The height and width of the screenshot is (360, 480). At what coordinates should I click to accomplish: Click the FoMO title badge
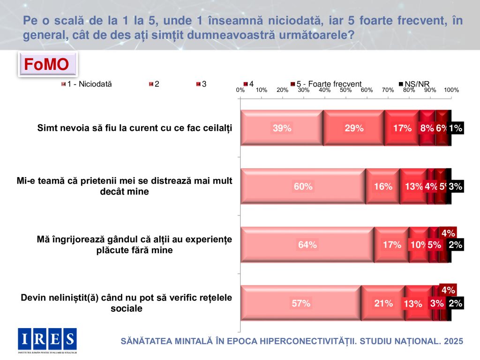pyautogui.click(x=47, y=65)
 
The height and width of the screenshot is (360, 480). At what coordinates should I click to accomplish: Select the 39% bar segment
pyautogui.click(x=282, y=128)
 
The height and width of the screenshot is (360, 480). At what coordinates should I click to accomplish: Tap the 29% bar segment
pyautogui.click(x=353, y=128)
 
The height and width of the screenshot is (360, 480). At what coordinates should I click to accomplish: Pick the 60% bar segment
pyautogui.click(x=303, y=187)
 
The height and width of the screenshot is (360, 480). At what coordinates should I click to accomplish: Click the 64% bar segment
pyautogui.click(x=307, y=245)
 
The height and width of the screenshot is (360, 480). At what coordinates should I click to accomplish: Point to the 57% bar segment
pyautogui.click(x=300, y=303)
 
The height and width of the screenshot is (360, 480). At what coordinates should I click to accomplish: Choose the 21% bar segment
pyautogui.click(x=383, y=303)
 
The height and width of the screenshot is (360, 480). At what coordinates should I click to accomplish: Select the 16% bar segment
pyautogui.click(x=382, y=187)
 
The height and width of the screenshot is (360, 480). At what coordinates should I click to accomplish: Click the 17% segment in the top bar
pyautogui.click(x=402, y=128)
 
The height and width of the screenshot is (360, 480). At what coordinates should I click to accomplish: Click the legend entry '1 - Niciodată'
pyautogui.click(x=87, y=84)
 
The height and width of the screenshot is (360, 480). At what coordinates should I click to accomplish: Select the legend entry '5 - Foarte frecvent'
pyautogui.click(x=329, y=84)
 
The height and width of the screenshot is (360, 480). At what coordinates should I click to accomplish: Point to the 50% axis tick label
pyautogui.click(x=346, y=90)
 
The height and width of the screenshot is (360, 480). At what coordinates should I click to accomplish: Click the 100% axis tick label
pyautogui.click(x=451, y=90)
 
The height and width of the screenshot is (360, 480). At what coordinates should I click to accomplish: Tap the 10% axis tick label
pyautogui.click(x=262, y=90)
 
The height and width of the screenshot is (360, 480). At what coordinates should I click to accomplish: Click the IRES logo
pyautogui.click(x=47, y=339)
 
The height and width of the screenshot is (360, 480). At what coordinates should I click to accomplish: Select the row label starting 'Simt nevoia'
pyautogui.click(x=135, y=128)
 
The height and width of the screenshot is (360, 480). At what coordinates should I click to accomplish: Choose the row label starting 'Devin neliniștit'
pyautogui.click(x=127, y=303)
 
